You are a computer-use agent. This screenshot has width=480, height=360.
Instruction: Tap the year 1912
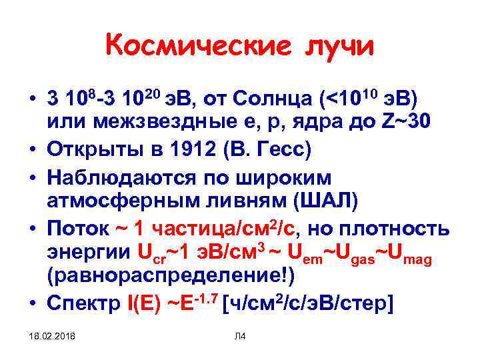pyautogui.click(x=184, y=149)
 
